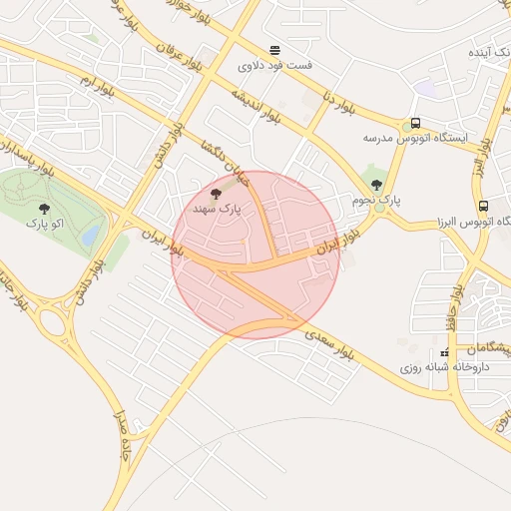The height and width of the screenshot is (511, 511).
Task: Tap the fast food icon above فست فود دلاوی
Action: tap(274, 50)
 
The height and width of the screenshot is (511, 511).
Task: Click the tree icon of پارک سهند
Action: tap(218, 193)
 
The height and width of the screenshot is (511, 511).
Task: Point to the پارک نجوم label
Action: tap(375, 201)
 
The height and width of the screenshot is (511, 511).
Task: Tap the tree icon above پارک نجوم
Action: tap(376, 185)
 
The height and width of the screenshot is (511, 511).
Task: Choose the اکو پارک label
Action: tap(44, 225)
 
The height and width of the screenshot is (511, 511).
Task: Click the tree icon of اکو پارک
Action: tap(44, 209)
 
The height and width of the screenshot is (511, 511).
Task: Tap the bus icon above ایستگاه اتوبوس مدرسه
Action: tap(415, 123)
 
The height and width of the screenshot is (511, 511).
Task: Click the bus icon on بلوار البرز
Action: tap(484, 207)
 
